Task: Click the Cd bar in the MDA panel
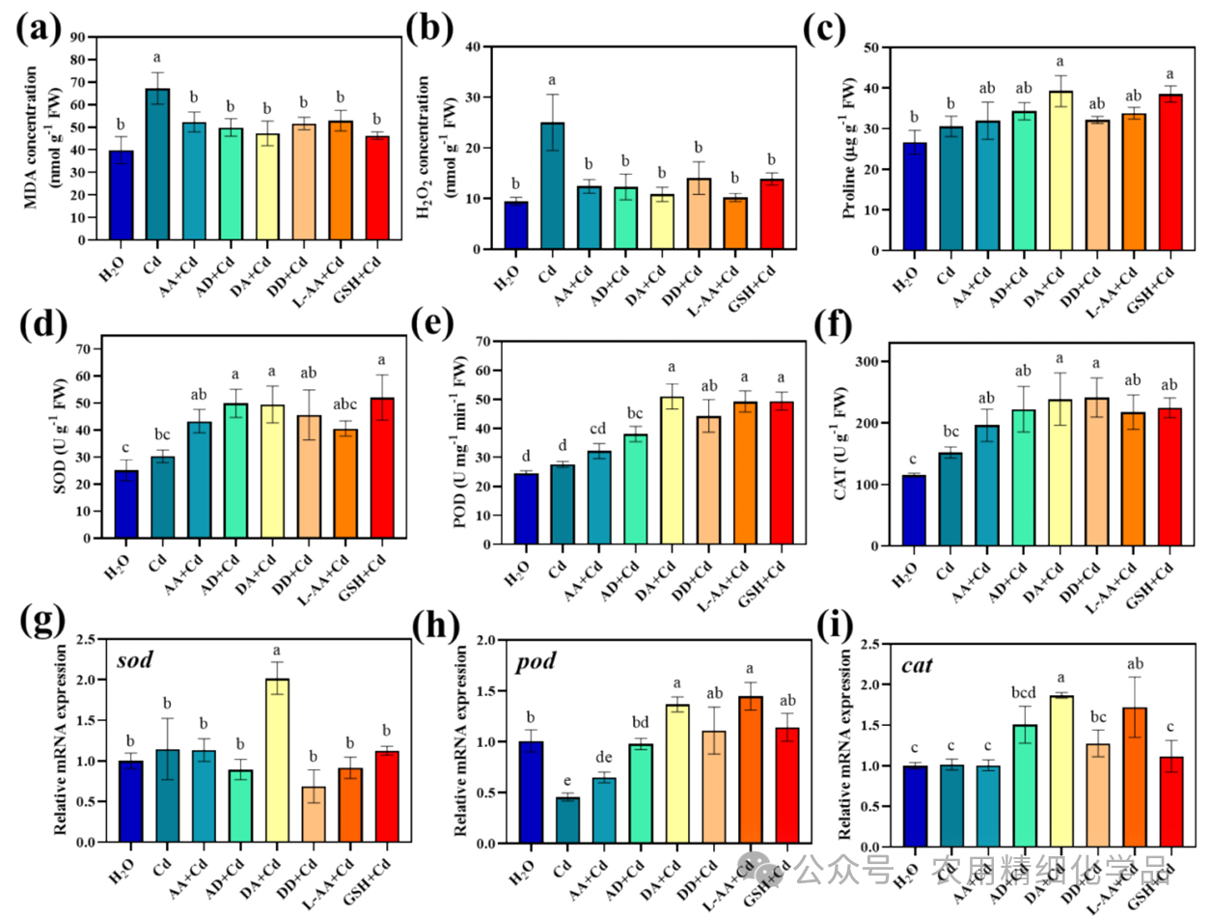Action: (157, 164)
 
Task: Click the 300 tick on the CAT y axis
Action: (873, 362)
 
